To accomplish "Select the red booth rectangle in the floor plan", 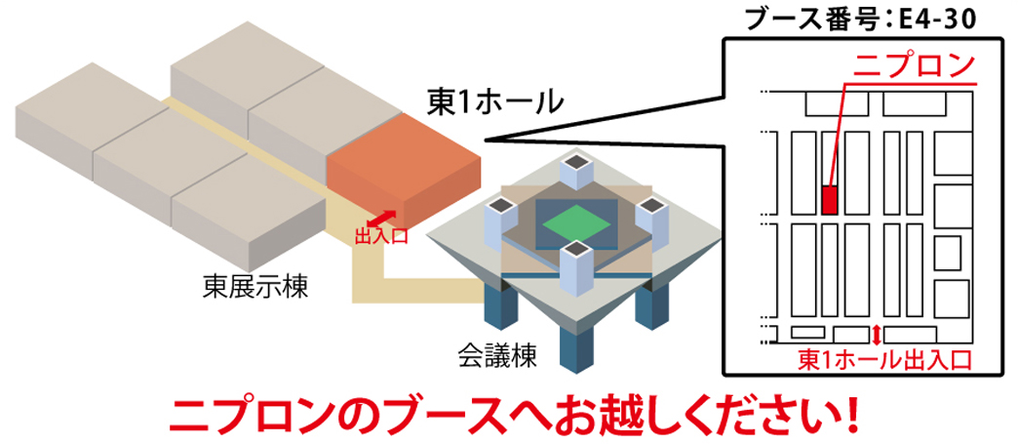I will point(830,199).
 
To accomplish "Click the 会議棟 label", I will point(497,353).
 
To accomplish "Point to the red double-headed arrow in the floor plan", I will point(877,334).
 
